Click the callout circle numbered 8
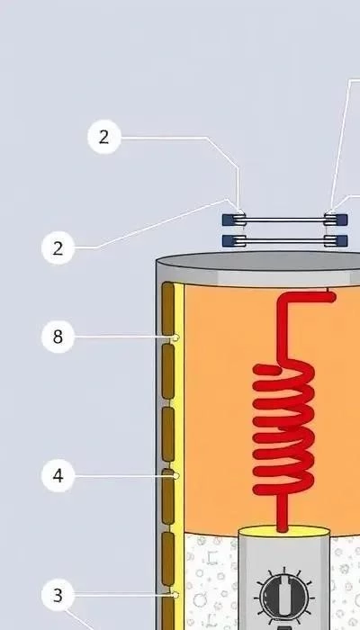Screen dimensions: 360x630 pos(58,337)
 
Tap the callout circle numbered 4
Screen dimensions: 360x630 pos(58,476)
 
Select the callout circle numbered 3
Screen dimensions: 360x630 pos(58,595)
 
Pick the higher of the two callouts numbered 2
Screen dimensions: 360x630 pos(104,137)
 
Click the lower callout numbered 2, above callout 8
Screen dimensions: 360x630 pos(58,247)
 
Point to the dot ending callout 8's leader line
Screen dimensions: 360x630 pos(175,337)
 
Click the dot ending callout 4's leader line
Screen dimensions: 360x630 pos(175,476)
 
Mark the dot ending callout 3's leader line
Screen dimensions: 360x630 pos(175,595)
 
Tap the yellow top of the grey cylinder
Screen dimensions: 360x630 pos(284,532)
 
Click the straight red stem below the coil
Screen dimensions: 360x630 pos(283,512)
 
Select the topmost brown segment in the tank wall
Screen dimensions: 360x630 pos(168,309)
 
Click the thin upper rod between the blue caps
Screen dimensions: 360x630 pos(284,220)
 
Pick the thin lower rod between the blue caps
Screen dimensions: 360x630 pos(284,241)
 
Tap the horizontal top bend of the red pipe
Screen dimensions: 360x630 pos(308,297)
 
